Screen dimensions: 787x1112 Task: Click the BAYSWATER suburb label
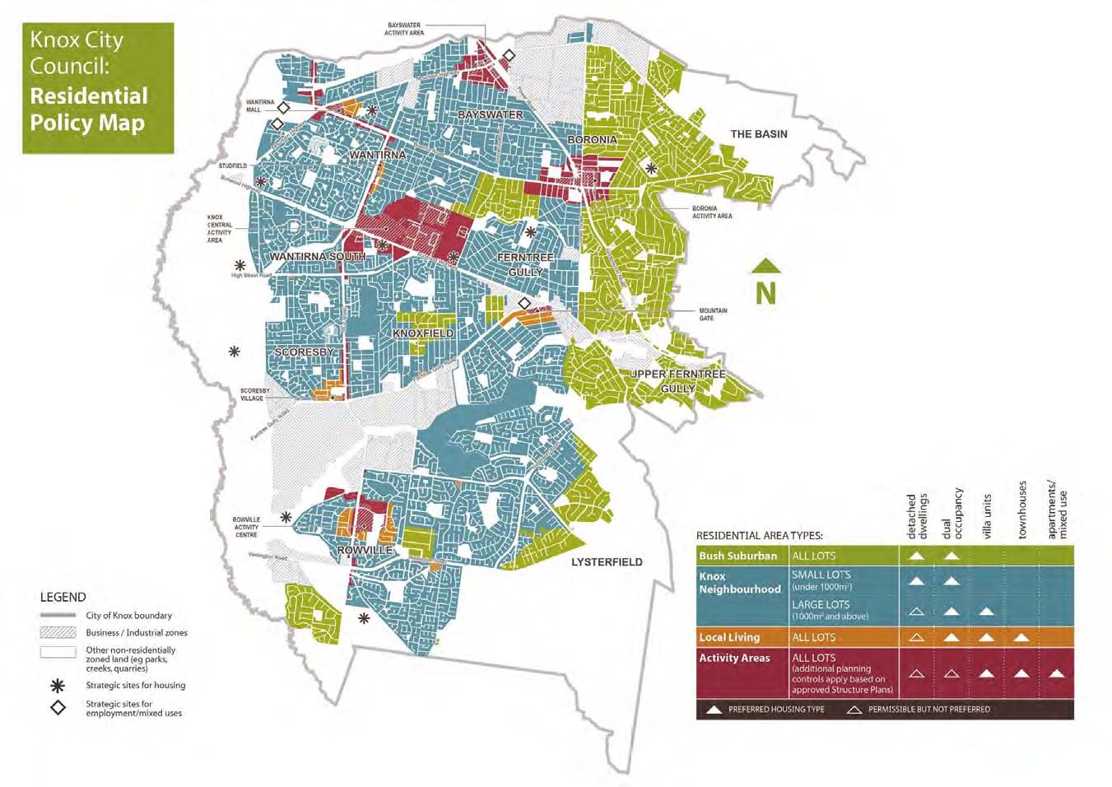point(490,114)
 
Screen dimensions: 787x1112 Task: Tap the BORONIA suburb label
point(592,140)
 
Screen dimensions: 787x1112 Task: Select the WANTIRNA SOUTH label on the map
point(317,257)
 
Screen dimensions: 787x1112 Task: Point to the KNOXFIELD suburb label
point(423,333)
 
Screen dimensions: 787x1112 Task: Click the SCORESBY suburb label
point(304,352)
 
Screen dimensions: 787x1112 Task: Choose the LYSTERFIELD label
point(607,562)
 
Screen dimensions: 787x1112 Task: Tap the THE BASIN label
point(758,134)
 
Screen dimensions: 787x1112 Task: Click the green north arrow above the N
point(765,267)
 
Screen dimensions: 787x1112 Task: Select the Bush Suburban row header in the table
point(738,556)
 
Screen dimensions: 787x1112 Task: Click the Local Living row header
point(729,637)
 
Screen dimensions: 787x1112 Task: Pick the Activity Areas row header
point(734,658)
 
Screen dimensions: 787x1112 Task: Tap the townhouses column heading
point(1022,510)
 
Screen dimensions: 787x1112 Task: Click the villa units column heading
point(987,517)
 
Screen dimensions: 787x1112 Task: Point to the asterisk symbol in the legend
point(58,685)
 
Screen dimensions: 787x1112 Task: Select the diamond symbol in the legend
point(58,708)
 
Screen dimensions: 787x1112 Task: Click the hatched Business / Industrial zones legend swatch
point(58,632)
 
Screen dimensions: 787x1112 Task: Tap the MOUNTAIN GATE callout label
point(713,314)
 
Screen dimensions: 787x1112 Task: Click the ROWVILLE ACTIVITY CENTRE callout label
point(246,527)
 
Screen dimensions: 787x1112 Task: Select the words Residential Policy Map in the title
point(88,109)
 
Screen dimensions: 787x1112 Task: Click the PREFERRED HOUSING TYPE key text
point(775,710)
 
